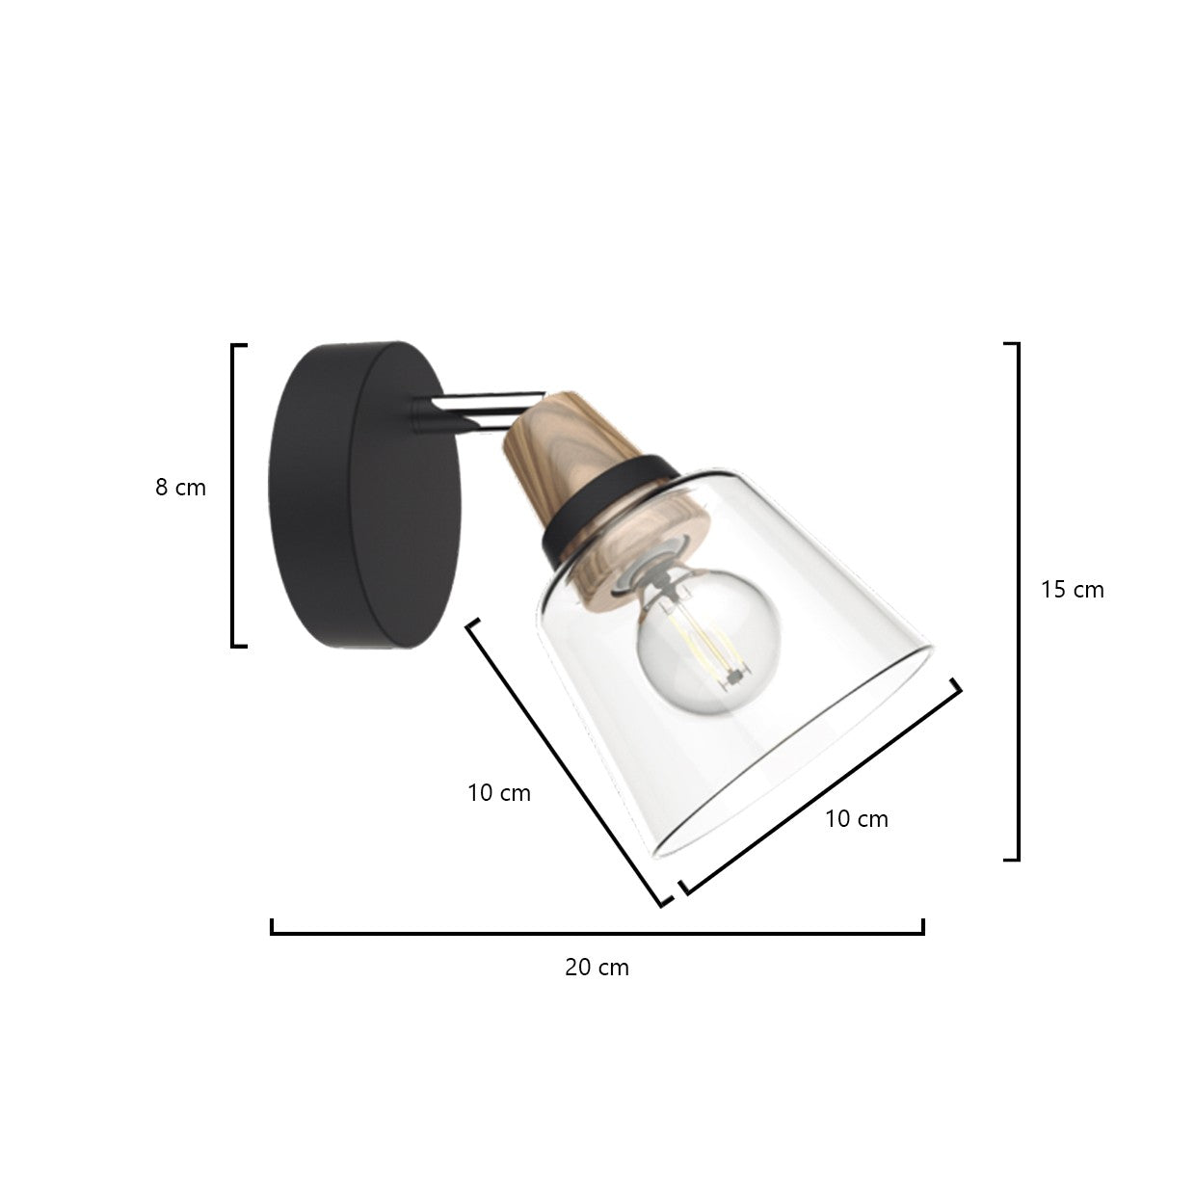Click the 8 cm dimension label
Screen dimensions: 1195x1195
[181, 488]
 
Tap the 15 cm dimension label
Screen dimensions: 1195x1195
[1072, 589]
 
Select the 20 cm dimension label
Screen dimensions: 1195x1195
[597, 967]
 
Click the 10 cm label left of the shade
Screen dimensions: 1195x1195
[499, 793]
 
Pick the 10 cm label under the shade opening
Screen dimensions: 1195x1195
[857, 818]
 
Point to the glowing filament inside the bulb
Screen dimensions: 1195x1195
[708, 646]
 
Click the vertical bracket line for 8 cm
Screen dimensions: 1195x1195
[233, 495]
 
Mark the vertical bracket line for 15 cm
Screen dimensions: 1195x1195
[1018, 601]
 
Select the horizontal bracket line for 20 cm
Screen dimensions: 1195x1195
[597, 932]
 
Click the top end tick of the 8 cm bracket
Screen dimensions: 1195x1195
[240, 345]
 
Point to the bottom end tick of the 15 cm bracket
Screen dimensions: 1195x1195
[1011, 859]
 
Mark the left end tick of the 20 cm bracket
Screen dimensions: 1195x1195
[273, 926]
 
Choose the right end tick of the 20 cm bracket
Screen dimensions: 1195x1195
[922, 926]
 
